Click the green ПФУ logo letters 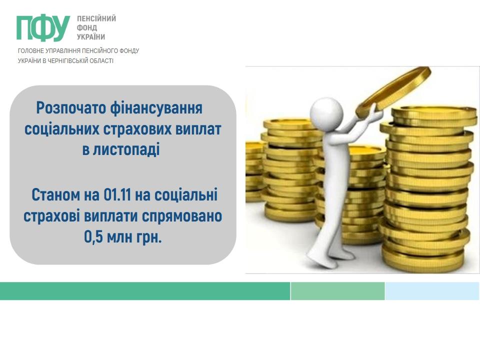[43, 27]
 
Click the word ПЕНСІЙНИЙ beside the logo [96, 18]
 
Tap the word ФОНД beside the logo [87, 28]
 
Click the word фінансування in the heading [156, 108]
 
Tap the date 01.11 [117, 194]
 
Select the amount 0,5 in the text [93, 237]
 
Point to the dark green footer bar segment [145, 291]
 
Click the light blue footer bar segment [432, 291]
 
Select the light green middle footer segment [337, 291]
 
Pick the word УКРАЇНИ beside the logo [91, 36]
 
